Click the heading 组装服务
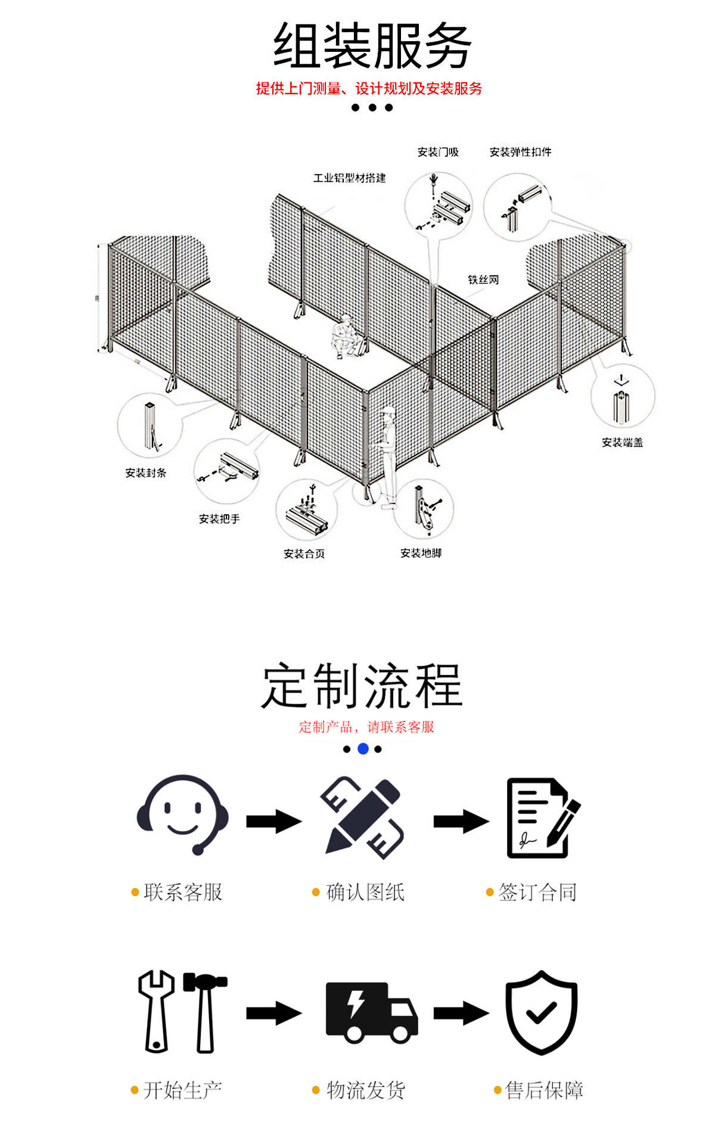(372, 46)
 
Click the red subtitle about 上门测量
(369, 89)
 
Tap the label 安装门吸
(438, 152)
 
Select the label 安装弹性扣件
(520, 152)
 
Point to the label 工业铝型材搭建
(349, 178)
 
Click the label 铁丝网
(483, 279)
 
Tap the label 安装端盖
(622, 442)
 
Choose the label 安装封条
(145, 472)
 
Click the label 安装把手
(219, 519)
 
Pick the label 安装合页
(304, 554)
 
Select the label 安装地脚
(421, 553)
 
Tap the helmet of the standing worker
(388, 411)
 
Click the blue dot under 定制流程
(363, 749)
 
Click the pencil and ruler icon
(362, 817)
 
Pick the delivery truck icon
(371, 1012)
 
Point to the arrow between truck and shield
(461, 1012)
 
